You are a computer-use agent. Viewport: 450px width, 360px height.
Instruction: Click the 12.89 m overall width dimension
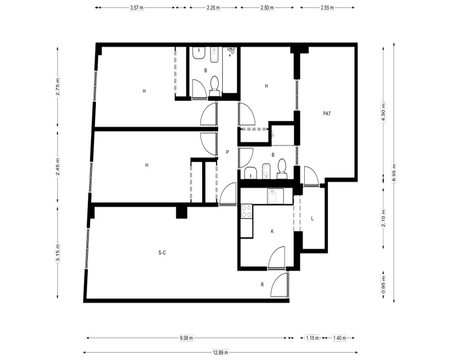pyautogui.click(x=220, y=352)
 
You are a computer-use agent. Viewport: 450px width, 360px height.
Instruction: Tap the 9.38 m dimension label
pyautogui.click(x=186, y=338)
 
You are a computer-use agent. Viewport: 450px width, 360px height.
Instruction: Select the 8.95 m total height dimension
pyautogui.click(x=394, y=172)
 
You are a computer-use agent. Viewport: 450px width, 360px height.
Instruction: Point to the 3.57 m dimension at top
pyautogui.click(x=137, y=8)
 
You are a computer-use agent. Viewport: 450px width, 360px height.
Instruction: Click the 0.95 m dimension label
pyautogui.click(x=383, y=285)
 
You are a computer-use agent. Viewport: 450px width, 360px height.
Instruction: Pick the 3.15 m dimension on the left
pyautogui.click(x=58, y=252)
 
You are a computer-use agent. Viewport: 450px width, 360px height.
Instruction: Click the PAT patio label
pyautogui.click(x=327, y=114)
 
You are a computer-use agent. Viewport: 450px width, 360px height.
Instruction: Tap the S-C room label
pyautogui.click(x=162, y=253)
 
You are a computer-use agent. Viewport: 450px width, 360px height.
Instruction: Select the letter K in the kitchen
pyautogui.click(x=272, y=231)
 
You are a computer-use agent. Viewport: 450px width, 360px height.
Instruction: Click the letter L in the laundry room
pyautogui.click(x=312, y=219)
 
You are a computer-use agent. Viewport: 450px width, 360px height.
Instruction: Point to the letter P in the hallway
pyautogui.click(x=227, y=152)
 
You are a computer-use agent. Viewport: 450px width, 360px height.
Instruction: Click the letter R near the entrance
pyautogui.click(x=262, y=285)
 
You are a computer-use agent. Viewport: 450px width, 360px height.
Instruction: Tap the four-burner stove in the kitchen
pyautogui.click(x=247, y=211)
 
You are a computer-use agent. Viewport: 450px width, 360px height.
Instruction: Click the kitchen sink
pyautogui.click(x=275, y=196)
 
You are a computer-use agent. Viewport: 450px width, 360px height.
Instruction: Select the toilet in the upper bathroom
pyautogui.click(x=214, y=85)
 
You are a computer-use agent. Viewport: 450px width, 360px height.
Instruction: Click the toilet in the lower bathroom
pyautogui.click(x=282, y=169)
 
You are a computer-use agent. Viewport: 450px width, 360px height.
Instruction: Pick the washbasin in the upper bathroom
pyautogui.click(x=198, y=53)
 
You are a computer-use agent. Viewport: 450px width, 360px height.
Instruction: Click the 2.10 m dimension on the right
pyautogui.click(x=383, y=218)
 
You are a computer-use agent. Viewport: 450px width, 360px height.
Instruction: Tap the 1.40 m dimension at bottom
pyautogui.click(x=339, y=338)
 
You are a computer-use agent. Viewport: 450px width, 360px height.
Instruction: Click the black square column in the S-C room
pyautogui.click(x=181, y=212)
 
